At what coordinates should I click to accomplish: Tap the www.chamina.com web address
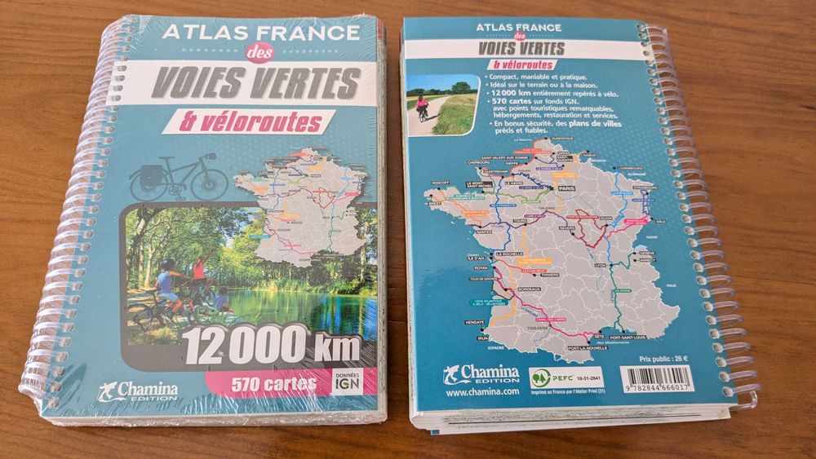pos(483,392)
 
